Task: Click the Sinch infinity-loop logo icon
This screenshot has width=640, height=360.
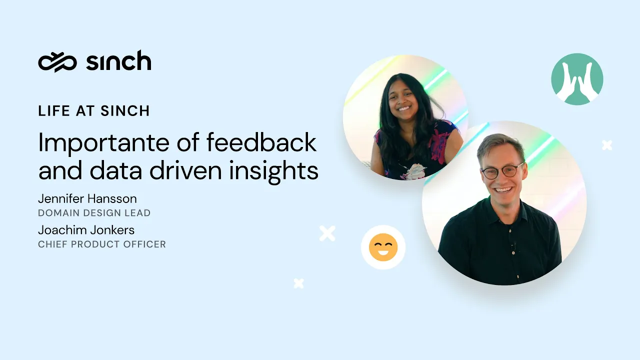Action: [x=57, y=62]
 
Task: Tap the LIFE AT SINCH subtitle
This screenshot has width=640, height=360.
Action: [x=93, y=110]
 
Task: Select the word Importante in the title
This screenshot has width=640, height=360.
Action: [x=103, y=143]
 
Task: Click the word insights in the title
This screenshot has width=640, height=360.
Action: [x=273, y=170]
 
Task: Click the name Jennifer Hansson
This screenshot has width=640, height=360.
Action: [x=87, y=198]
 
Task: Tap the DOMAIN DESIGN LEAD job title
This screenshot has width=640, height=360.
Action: [x=94, y=213]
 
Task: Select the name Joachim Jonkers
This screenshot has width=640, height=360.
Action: [x=86, y=230]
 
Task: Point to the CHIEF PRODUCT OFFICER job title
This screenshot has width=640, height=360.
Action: [x=102, y=244]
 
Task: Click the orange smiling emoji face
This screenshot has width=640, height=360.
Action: [x=383, y=247]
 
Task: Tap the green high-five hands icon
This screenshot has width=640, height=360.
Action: [x=577, y=79]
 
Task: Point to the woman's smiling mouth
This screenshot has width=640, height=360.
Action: [x=404, y=108]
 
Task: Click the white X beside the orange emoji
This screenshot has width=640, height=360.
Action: [x=327, y=233]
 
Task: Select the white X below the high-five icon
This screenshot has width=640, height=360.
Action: [x=607, y=145]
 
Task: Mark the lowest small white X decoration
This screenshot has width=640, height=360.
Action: [x=299, y=283]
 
